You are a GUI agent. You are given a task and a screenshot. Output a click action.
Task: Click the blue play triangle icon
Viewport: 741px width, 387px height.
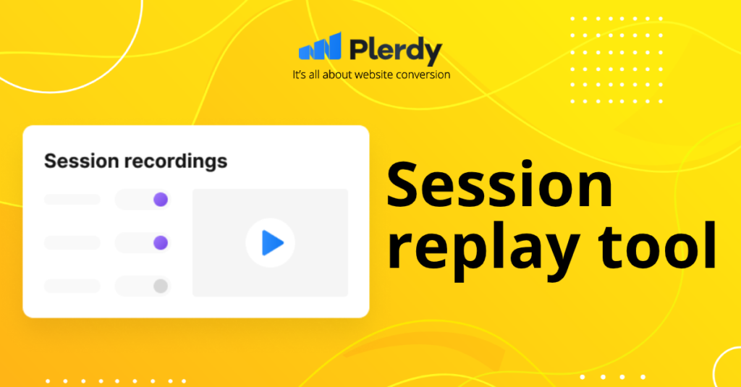click(272, 243)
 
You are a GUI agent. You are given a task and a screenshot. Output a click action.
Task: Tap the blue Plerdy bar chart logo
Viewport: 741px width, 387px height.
click(320, 46)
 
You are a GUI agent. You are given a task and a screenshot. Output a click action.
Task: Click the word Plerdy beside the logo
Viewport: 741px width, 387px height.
click(396, 50)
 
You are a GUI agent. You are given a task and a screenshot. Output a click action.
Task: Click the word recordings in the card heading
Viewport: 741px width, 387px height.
click(176, 162)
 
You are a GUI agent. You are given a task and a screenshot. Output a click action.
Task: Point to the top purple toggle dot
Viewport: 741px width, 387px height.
click(161, 200)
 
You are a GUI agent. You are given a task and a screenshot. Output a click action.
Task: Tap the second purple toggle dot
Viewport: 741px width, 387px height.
click(161, 243)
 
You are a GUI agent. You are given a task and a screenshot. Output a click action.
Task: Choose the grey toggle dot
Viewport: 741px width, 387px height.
click(161, 286)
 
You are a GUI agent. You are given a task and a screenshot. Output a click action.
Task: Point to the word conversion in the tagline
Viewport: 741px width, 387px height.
click(423, 75)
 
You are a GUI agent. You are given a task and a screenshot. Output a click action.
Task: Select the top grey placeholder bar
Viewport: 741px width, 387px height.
click(72, 200)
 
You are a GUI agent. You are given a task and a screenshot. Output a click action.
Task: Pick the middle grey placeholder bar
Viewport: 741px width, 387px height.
click(72, 243)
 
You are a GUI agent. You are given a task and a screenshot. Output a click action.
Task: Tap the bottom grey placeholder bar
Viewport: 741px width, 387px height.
click(72, 286)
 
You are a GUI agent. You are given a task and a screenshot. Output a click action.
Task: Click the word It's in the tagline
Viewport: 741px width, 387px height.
click(299, 75)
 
